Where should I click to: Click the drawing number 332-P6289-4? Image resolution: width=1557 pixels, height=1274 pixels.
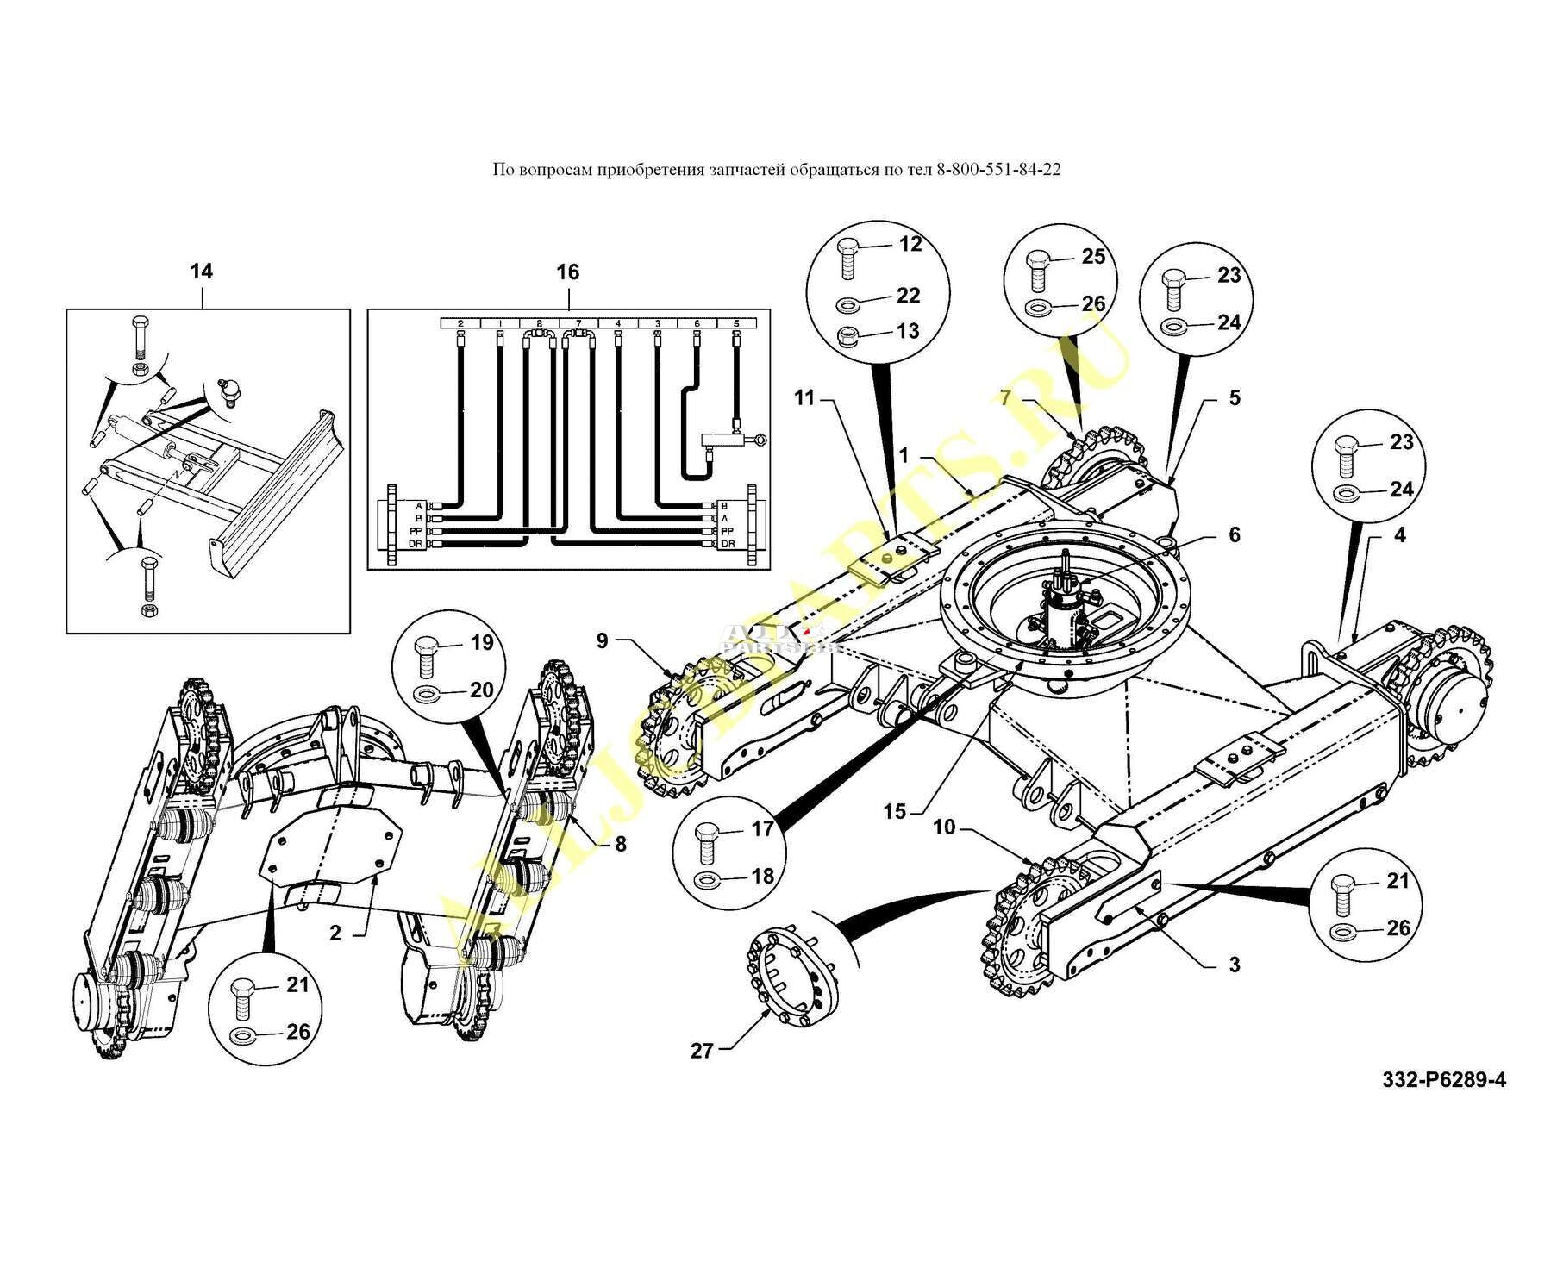[x=1444, y=1079]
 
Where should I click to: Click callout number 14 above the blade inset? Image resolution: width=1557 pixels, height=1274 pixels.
[x=201, y=272]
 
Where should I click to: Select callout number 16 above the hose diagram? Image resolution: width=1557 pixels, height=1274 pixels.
[x=567, y=272]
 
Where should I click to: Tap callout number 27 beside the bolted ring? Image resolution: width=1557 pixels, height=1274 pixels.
[x=703, y=1051]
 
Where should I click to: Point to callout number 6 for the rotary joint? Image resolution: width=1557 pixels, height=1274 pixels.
[x=1234, y=535]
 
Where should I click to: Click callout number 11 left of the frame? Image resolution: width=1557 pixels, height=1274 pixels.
[x=804, y=398]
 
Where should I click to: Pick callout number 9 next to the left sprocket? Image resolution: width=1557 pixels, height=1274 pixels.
[x=603, y=640]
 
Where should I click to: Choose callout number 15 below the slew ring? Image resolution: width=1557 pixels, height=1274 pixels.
[x=895, y=811]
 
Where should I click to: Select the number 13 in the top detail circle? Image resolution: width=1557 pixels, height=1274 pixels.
[x=908, y=331]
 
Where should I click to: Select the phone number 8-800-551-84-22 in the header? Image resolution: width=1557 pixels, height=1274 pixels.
[x=998, y=169]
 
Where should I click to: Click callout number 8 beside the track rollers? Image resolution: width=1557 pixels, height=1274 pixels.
[x=621, y=845]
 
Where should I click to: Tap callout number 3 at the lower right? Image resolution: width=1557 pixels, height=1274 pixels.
[x=1234, y=965]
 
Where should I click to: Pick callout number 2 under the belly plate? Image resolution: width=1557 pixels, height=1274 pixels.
[x=335, y=933]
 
